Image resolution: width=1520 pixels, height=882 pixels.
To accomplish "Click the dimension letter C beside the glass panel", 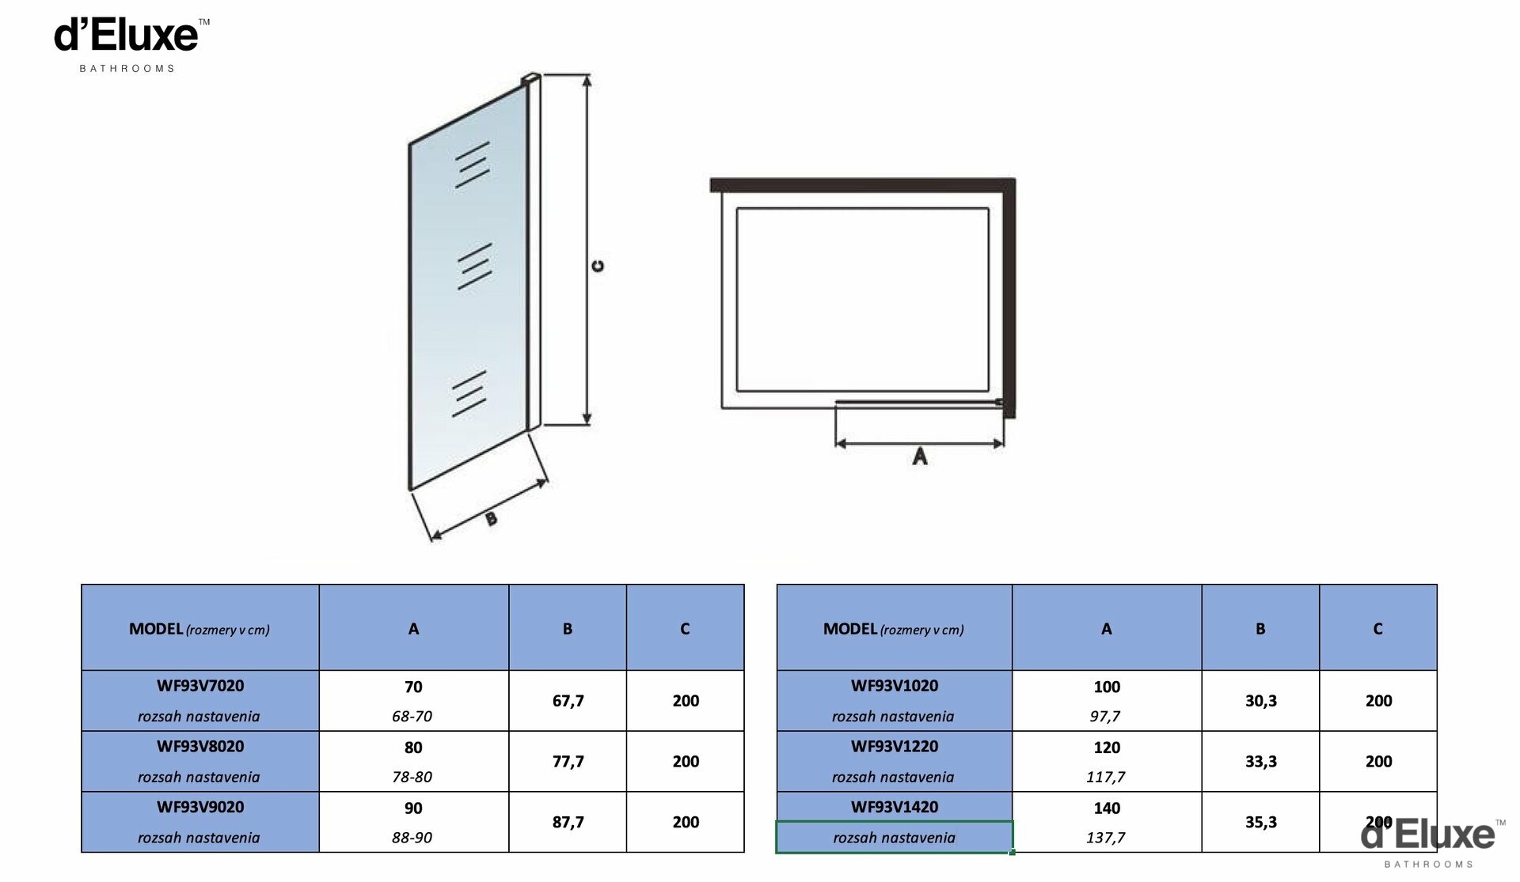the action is [x=598, y=266].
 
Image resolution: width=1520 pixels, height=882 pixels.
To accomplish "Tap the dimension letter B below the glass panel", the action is [x=491, y=518].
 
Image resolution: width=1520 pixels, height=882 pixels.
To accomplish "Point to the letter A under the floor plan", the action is [x=919, y=456].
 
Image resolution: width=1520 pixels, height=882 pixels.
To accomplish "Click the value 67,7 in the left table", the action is [x=568, y=701].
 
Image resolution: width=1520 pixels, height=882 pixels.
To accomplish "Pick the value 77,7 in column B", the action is [x=568, y=762].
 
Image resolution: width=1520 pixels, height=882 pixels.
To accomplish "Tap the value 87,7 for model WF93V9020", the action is [x=568, y=823].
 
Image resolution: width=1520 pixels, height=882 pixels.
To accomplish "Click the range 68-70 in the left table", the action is [x=412, y=717].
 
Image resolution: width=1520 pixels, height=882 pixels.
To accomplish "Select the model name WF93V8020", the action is [x=200, y=747].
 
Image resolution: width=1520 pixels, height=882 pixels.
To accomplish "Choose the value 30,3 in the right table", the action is [x=1260, y=701].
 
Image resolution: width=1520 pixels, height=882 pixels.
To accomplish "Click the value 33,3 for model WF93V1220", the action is [x=1260, y=762].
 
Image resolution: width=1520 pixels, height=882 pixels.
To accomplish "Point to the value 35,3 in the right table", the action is [x=1260, y=823].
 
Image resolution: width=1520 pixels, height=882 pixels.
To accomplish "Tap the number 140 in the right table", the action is [x=1107, y=808].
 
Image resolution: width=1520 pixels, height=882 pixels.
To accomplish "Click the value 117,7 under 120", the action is [x=1105, y=778].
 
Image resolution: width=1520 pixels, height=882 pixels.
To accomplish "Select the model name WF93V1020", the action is [x=895, y=686].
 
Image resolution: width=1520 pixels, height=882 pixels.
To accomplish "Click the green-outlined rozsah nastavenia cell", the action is [x=895, y=838].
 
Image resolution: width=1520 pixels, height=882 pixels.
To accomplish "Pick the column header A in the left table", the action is [x=413, y=629].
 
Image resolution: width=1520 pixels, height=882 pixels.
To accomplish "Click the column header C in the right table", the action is [x=1377, y=629].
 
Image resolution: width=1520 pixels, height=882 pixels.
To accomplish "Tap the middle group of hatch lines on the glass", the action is [x=474, y=267].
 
